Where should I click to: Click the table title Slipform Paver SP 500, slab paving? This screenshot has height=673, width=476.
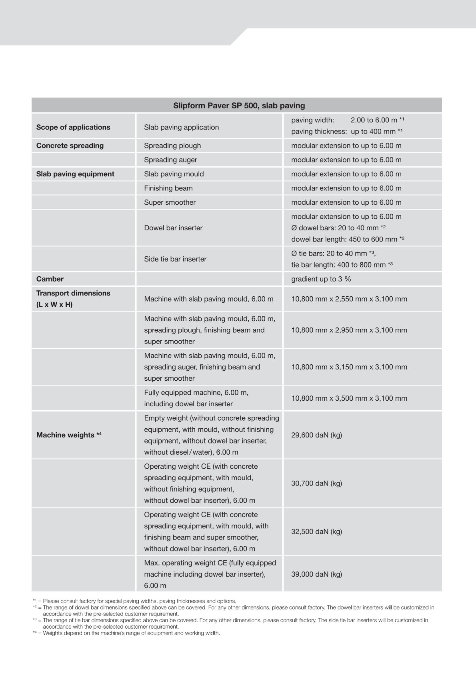coord(239,106)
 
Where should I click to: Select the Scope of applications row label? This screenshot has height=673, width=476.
coord(73,127)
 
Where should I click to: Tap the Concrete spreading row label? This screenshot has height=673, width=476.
coord(70,146)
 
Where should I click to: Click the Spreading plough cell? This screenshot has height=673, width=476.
coord(172,146)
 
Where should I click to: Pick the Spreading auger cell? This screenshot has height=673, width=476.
coord(170,160)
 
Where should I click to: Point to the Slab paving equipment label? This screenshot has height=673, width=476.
coord(75,174)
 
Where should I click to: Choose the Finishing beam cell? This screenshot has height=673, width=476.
coord(168,188)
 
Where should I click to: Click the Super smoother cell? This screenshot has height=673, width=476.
coord(170,202)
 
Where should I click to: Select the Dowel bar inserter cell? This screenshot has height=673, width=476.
coord(173,228)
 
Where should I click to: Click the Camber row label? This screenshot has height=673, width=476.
coord(50,279)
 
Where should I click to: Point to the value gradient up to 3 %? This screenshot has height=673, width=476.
coord(321,279)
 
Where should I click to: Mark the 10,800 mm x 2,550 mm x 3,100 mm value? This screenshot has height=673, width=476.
coord(349,299)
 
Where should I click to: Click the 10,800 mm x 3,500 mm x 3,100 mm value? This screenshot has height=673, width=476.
coord(349,398)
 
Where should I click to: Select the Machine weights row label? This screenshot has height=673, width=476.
coord(69,435)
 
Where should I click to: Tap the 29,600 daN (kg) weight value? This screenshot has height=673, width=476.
coord(316,435)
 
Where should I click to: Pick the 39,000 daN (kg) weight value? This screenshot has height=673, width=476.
coord(316,574)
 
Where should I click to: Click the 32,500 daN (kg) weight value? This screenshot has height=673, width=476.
coord(316,531)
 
